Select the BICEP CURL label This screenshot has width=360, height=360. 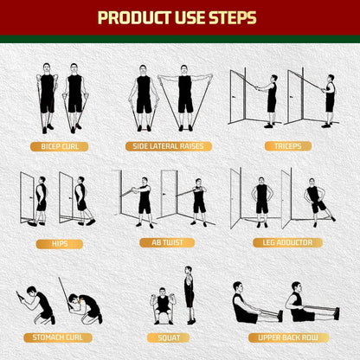pyautogui.click(x=59, y=146)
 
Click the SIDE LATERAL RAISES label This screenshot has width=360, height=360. pyautogui.click(x=168, y=146)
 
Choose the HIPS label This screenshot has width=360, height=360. pyautogui.click(x=59, y=243)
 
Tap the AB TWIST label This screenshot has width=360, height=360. pyautogui.click(x=167, y=243)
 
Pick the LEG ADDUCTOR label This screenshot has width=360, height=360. pyautogui.click(x=281, y=243)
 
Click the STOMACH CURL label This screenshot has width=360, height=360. pyautogui.click(x=59, y=337)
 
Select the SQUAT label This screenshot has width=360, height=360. pyautogui.click(x=167, y=337)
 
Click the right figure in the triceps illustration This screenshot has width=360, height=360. pyautogui.click(x=328, y=97)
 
